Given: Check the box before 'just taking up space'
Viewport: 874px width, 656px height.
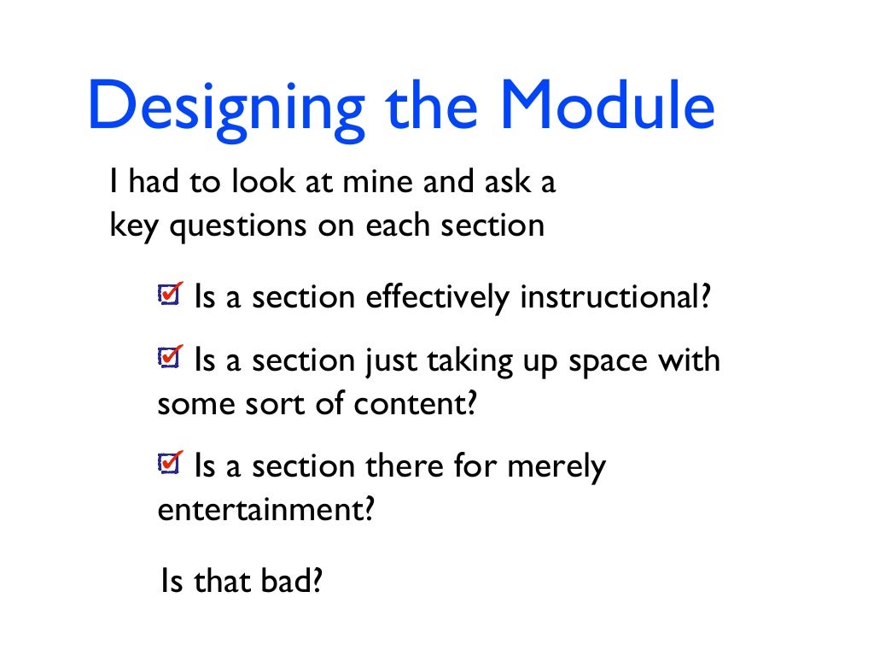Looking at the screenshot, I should pos(170,358).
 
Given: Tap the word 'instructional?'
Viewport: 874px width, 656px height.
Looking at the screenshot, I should pos(615,297).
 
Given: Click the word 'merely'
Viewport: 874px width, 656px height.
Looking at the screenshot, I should pos(556,466).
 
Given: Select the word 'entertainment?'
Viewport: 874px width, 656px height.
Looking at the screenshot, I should pos(266,509).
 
